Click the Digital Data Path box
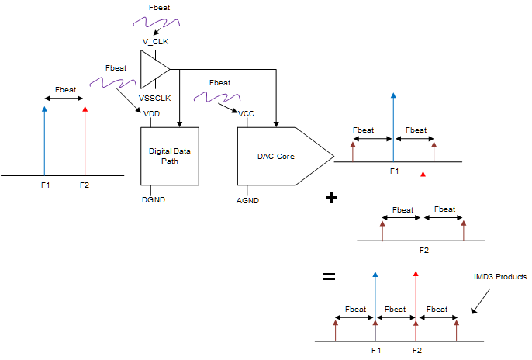tap(170, 155)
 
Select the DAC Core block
tap(279, 156)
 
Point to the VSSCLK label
tap(154, 98)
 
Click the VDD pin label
tap(152, 114)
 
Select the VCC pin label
tap(247, 114)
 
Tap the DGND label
tap(154, 200)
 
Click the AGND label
tap(247, 200)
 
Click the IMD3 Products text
tap(500, 277)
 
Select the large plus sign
tap(331, 197)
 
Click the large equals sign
tap(329, 276)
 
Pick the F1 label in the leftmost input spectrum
tap(45, 185)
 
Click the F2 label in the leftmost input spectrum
tap(85, 185)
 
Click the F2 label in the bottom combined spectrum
tap(416, 351)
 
